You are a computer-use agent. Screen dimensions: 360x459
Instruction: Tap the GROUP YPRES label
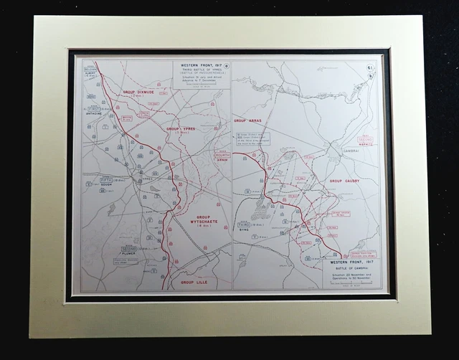181,130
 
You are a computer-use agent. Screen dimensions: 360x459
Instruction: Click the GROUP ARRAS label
250,120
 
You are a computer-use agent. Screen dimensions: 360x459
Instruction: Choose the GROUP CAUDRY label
344,181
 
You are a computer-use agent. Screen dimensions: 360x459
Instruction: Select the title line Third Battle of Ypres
202,70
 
